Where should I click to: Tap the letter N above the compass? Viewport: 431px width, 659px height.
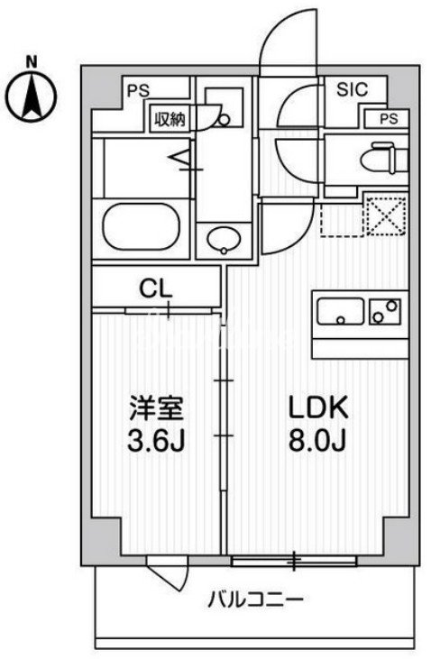click(x=32, y=61)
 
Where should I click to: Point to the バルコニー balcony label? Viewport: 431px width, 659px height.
click(x=258, y=599)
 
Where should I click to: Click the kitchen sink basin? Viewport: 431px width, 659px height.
click(x=341, y=311)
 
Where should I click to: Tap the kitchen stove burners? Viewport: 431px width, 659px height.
click(x=385, y=311)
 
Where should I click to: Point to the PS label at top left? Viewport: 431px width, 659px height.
click(x=137, y=90)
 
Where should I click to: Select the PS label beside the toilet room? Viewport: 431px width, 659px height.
click(x=387, y=118)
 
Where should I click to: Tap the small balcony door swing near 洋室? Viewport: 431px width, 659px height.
click(x=165, y=573)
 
